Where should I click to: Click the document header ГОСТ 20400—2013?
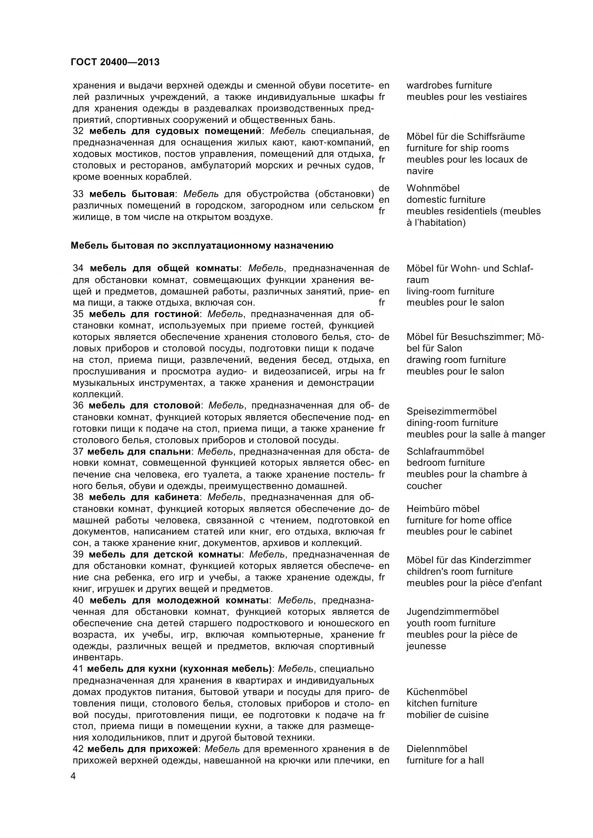115,62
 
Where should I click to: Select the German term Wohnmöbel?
433,188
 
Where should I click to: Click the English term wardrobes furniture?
449,85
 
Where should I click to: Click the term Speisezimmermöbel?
451,411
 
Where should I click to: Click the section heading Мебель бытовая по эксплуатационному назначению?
202,246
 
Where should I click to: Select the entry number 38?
78,497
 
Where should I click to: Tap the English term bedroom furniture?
446,463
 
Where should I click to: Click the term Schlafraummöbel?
445,451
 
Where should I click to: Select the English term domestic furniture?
446,200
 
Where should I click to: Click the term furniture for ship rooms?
457,148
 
